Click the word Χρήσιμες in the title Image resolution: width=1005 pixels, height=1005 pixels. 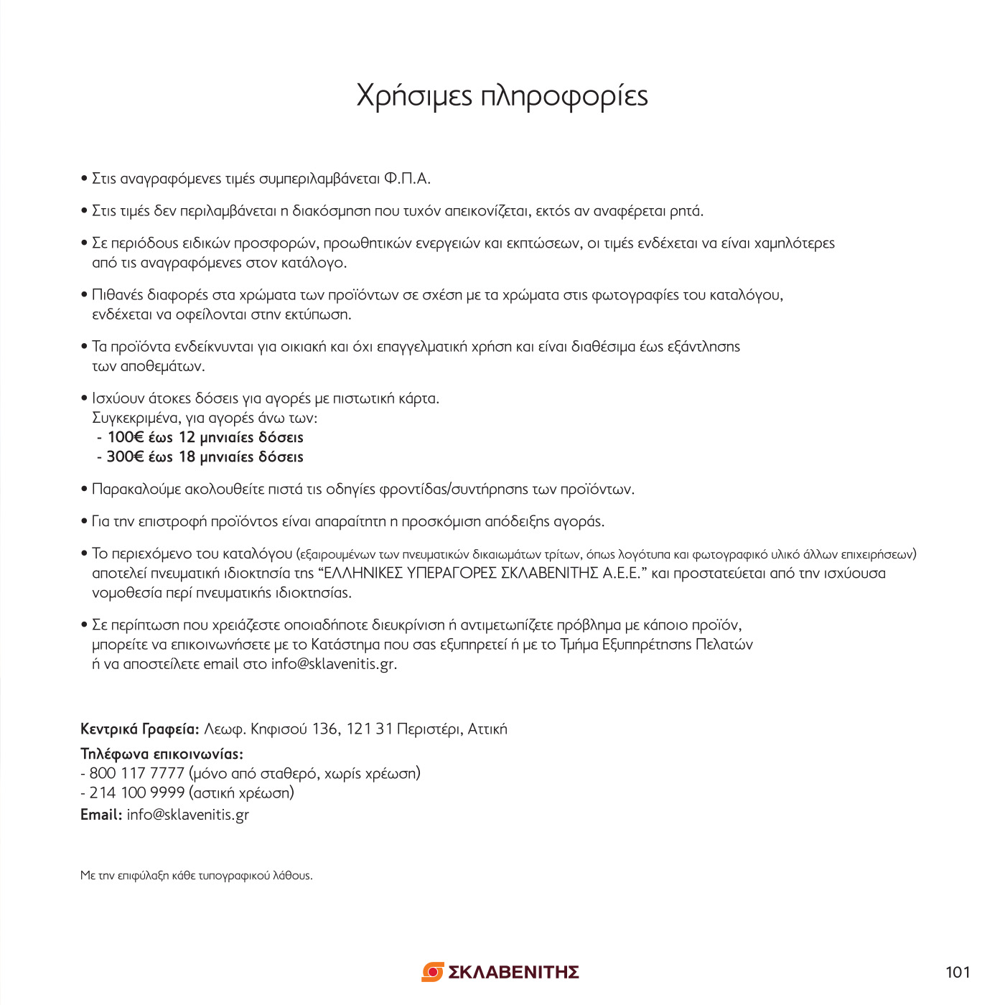coord(414,96)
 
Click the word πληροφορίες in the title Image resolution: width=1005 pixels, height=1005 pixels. coord(564,96)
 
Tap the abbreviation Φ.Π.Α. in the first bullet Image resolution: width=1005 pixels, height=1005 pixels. coord(407,179)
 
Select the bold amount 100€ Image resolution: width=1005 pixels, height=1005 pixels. coord(126,437)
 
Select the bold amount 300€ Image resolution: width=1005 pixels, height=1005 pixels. coord(125,457)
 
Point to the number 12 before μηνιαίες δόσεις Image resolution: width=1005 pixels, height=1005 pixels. coord(187,437)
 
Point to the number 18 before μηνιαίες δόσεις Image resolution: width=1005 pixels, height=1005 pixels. coord(187,457)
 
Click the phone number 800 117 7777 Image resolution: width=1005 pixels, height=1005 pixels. coord(137,773)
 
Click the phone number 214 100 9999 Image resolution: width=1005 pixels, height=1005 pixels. coord(137,793)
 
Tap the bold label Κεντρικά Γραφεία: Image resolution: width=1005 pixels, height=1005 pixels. coord(139,729)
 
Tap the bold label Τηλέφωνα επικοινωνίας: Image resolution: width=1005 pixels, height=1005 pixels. coord(162,754)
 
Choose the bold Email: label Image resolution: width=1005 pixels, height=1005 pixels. coord(101,815)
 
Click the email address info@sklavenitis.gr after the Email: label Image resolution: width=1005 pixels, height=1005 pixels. coord(188,815)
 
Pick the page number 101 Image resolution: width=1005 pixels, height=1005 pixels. coord(958,972)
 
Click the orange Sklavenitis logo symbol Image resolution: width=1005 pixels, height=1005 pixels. coord(432,972)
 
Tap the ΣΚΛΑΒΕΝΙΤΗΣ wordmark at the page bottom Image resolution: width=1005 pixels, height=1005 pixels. coord(513,972)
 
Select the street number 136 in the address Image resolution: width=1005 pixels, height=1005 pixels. coord(324,729)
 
